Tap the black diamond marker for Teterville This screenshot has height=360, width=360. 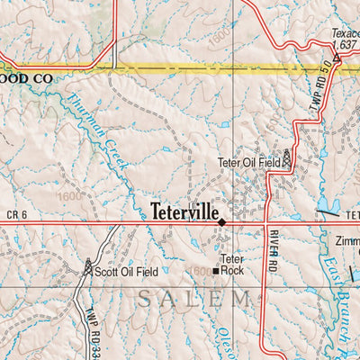point(221,220)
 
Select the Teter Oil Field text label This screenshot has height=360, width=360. point(248,162)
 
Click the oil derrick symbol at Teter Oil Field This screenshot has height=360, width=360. point(287,158)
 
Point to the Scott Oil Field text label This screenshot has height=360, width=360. point(127,271)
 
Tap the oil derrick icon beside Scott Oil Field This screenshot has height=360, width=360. point(88,267)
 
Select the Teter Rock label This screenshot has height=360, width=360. point(232,263)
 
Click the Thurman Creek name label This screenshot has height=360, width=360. point(102,133)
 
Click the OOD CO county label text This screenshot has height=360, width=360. point(26,79)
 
